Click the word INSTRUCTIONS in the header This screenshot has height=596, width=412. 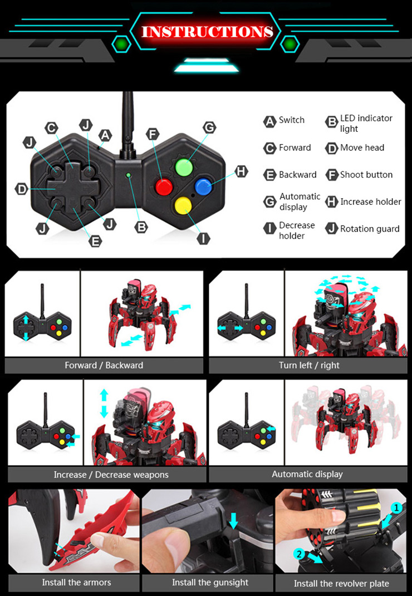207,31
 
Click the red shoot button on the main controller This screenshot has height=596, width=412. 164,186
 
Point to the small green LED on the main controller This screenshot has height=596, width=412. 129,175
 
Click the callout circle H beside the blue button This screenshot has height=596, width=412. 241,172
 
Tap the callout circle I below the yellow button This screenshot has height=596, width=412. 204,238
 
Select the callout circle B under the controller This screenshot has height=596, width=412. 141,226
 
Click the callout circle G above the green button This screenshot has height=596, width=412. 209,127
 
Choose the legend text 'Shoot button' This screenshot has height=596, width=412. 366,175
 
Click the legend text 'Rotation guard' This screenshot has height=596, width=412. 370,229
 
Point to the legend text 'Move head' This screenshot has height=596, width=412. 362,148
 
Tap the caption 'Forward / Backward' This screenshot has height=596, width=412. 104,366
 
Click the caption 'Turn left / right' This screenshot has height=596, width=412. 309,366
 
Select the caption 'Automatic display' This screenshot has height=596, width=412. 307,474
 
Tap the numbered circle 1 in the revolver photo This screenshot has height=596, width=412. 396,508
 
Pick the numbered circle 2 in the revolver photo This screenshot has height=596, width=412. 299,554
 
